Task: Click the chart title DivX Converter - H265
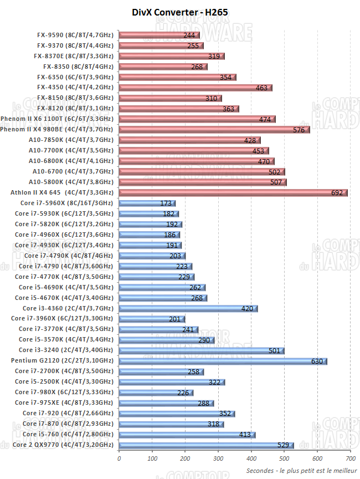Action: point(180,12)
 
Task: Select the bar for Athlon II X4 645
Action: point(233,192)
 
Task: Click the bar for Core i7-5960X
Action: point(147,203)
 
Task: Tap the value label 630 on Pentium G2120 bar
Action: point(317,361)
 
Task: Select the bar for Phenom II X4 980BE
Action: point(214,129)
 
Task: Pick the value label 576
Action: point(299,130)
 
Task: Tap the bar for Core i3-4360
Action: point(188,308)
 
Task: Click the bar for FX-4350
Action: point(195,87)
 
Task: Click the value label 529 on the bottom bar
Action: point(284,445)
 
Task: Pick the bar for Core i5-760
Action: point(187,435)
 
